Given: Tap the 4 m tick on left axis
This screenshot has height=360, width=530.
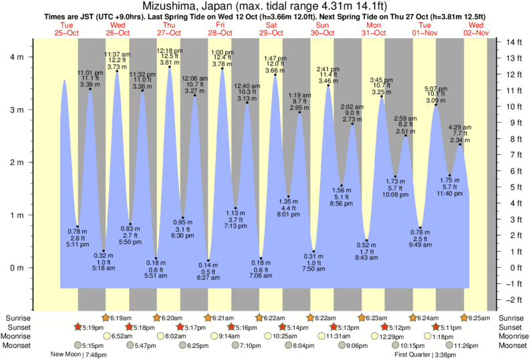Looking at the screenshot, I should pos(15,57).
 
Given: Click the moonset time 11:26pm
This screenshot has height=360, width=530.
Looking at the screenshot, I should pos(466,346).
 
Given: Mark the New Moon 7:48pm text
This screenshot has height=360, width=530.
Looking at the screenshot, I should pos(78,355).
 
